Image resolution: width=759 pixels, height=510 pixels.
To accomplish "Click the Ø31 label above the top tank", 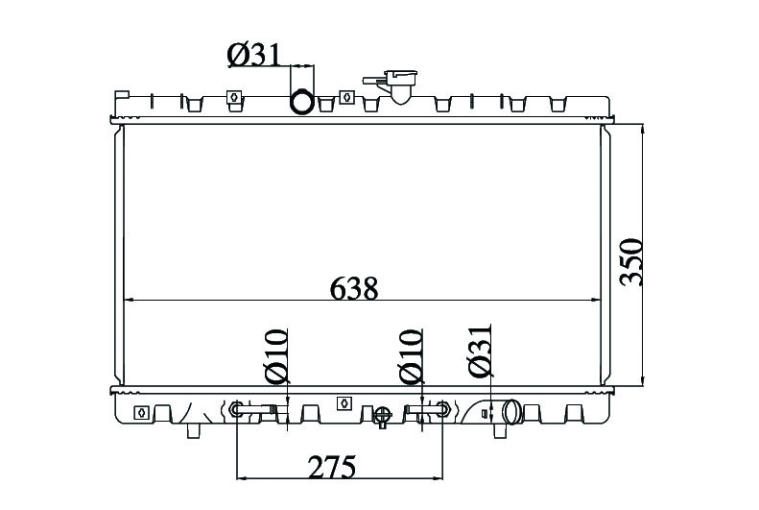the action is pyautogui.click(x=253, y=55).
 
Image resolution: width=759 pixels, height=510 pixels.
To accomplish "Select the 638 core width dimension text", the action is pyautogui.click(x=354, y=289).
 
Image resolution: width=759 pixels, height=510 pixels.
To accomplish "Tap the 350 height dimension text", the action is pyautogui.click(x=631, y=262).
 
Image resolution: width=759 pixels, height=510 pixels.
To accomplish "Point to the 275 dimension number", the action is pyautogui.click(x=332, y=467).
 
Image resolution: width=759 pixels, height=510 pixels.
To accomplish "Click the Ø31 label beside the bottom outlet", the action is pyautogui.click(x=480, y=351).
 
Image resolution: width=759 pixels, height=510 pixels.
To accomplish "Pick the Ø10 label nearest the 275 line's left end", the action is pyautogui.click(x=276, y=356).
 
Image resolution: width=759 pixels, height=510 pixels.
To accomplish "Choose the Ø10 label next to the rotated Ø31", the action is pyautogui.click(x=411, y=356).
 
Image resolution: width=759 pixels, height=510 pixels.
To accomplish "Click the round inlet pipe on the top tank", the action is pyautogui.click(x=302, y=102).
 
